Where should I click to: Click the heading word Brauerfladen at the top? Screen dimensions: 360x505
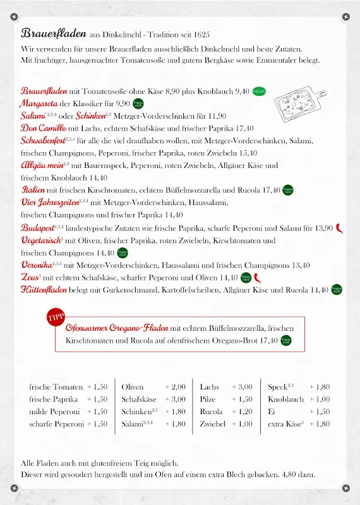tap(53, 33)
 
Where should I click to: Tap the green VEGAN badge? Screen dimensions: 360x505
tap(259, 91)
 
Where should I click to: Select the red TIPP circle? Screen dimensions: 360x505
tap(56, 317)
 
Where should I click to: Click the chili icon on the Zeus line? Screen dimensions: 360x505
tap(258, 277)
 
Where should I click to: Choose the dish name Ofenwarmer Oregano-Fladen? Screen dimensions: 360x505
tap(117, 328)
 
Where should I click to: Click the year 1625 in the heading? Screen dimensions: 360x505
tap(200, 34)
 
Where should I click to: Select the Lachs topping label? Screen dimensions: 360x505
tap(210, 387)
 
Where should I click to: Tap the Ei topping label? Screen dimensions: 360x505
tap(272, 412)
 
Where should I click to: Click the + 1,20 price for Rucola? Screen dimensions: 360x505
tap(242, 412)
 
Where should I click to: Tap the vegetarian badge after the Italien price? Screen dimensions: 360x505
tap(287, 190)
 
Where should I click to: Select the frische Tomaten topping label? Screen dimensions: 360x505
tap(56, 387)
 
